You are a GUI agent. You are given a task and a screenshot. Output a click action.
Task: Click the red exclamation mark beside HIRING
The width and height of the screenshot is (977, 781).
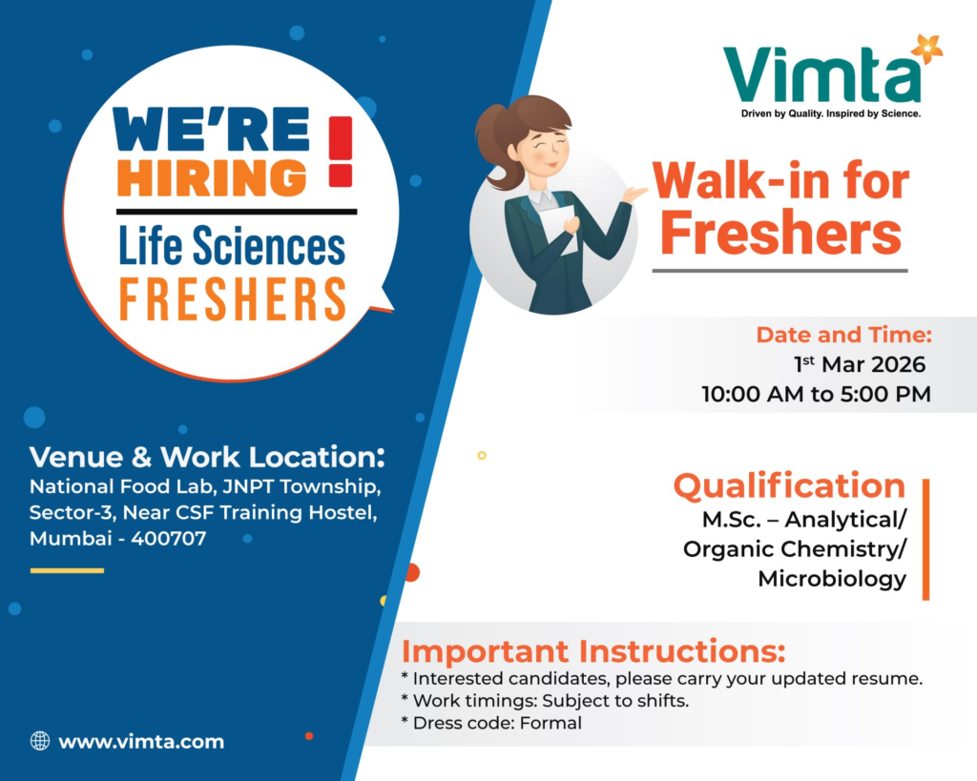(341, 151)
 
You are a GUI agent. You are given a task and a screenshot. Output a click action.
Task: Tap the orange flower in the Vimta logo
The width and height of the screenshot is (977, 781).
(925, 48)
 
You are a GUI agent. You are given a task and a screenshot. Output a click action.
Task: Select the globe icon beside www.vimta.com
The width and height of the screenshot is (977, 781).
(40, 740)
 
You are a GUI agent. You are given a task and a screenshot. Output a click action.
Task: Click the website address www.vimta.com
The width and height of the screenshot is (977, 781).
(141, 741)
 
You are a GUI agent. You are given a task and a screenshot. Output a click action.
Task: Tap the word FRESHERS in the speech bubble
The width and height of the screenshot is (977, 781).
(232, 299)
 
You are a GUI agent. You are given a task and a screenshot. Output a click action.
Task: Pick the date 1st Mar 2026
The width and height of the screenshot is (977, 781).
(859, 364)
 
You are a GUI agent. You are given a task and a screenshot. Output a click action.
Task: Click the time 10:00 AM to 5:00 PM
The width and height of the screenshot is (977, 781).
(816, 393)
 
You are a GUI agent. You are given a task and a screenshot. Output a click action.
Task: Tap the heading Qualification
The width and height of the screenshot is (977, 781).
(789, 485)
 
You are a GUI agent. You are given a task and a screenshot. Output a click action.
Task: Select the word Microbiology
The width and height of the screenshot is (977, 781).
(832, 578)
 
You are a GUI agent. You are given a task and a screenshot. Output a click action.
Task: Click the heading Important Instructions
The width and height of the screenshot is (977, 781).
(593, 652)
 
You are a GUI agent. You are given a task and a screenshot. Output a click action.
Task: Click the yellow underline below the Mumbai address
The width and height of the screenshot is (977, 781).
(67, 570)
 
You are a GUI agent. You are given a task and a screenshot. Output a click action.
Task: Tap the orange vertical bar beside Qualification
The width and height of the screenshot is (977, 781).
(925, 540)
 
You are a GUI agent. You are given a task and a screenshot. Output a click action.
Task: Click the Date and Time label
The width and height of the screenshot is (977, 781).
(843, 335)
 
